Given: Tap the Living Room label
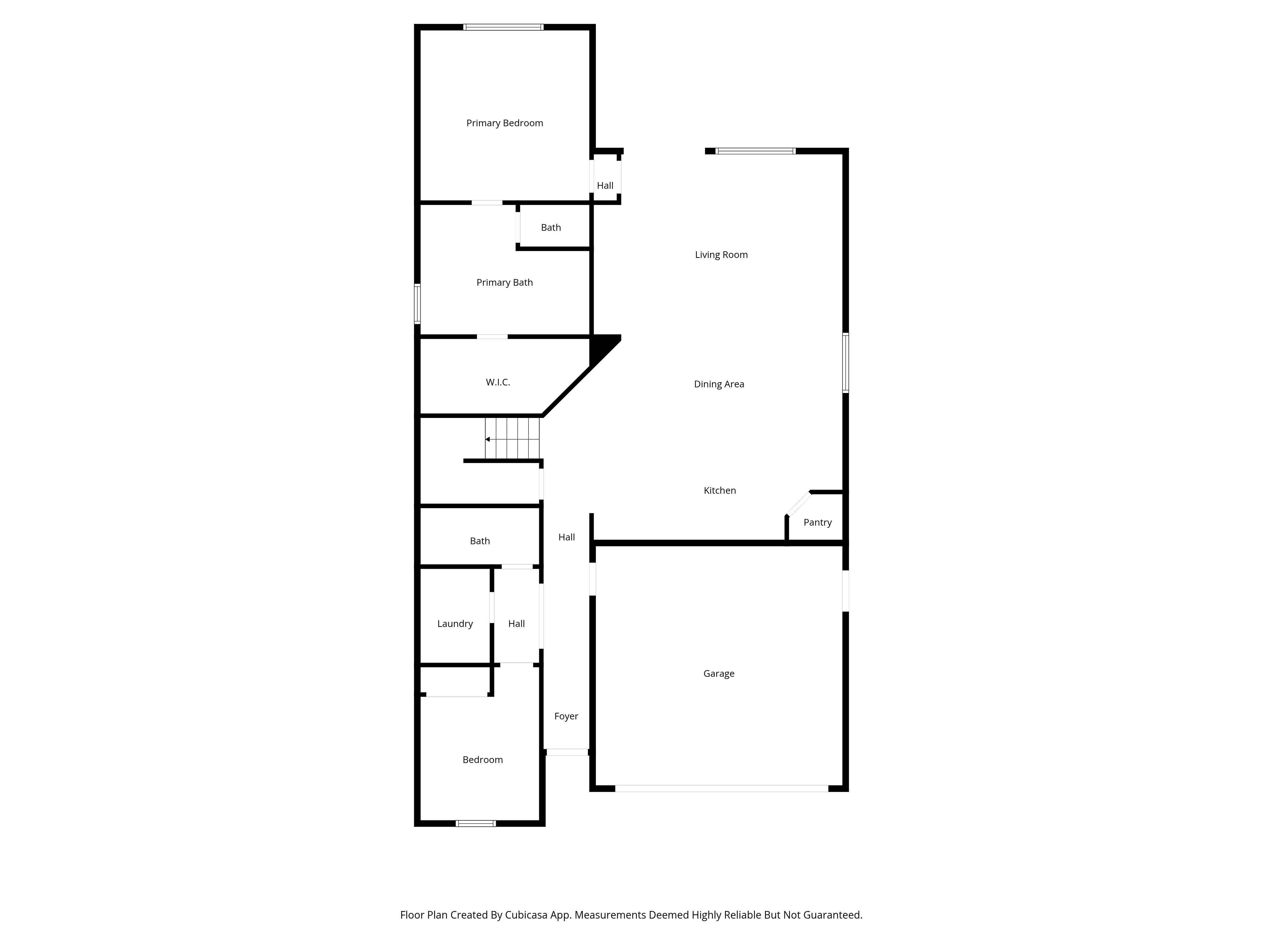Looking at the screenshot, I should pos(721,255).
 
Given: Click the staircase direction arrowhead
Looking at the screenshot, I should pos(488,439).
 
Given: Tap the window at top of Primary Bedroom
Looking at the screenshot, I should pos(503,27).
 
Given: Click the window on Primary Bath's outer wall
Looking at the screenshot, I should pos(417,304).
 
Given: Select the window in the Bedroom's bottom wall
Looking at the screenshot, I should pos(476,823).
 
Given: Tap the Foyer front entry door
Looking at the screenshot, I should pos(567,752).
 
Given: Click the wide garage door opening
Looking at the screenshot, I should pos(721,788).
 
